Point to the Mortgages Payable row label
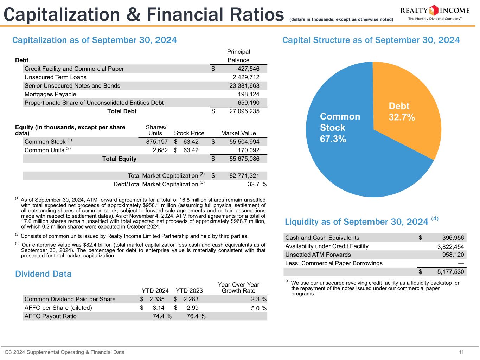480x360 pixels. pos(50,94)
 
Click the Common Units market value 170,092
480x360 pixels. pos(248,150)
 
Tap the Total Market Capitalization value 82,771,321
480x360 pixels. pos(244,175)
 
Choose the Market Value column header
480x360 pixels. pos(238,133)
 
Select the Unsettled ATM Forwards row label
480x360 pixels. pos(318,255)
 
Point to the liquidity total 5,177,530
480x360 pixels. pos(450,272)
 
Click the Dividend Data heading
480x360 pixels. pos(43,274)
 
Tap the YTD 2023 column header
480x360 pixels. pos(189,291)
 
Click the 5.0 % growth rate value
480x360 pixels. pos(258,308)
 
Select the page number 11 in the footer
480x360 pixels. pos(461,352)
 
